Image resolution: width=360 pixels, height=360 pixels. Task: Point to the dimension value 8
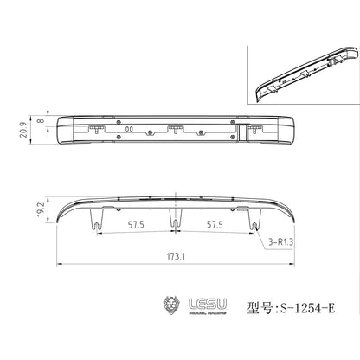pos(42,123)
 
